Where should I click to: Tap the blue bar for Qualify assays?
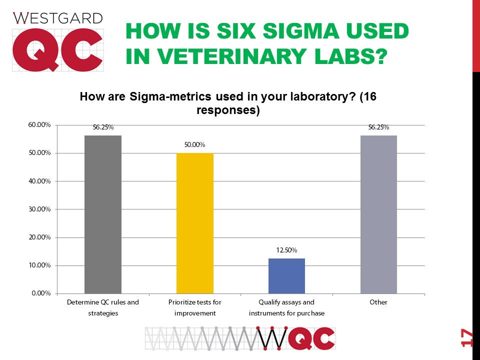(286, 275)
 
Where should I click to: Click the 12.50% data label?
(286, 250)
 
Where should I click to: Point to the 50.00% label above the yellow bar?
(194, 145)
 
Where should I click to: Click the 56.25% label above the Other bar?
(378, 127)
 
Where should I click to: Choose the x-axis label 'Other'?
(378, 302)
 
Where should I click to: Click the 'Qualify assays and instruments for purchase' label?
(286, 307)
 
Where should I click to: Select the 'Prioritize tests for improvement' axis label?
(194, 307)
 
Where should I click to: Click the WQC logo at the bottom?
(240, 338)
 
